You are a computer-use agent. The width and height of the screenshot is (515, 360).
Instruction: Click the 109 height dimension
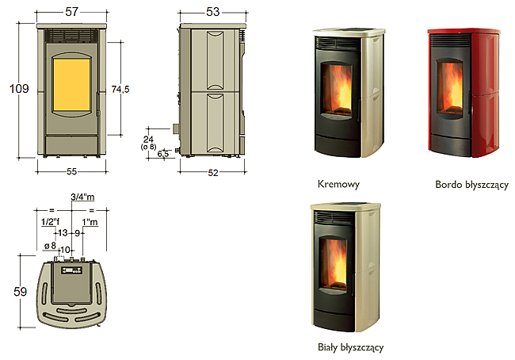[19, 89]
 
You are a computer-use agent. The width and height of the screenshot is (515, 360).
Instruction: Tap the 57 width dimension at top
[71, 12]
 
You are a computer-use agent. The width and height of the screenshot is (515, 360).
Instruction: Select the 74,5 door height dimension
[120, 89]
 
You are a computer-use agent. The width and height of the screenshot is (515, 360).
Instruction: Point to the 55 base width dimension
[71, 171]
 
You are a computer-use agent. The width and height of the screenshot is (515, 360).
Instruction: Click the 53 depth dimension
[212, 12]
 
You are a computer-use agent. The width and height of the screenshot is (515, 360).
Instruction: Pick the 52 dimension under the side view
[213, 173]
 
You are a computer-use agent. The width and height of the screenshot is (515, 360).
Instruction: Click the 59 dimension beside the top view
[20, 292]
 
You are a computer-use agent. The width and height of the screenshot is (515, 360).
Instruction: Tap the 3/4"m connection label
[82, 197]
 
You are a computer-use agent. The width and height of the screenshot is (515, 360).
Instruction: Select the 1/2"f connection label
[50, 222]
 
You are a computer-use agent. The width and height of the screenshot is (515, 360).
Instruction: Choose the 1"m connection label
[90, 222]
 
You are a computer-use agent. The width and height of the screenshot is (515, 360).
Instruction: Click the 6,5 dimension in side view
[163, 154]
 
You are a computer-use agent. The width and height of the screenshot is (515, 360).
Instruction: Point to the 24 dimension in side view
[148, 140]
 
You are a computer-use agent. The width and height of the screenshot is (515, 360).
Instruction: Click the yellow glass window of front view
[71, 85]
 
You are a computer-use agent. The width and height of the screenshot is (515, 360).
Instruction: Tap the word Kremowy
[338, 184]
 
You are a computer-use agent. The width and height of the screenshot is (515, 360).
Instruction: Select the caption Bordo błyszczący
[471, 185]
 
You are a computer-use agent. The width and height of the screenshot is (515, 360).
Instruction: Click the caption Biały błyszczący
[350, 347]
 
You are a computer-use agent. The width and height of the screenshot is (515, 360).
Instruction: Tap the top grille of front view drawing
[71, 36]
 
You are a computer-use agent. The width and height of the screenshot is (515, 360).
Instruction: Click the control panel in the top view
[71, 270]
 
